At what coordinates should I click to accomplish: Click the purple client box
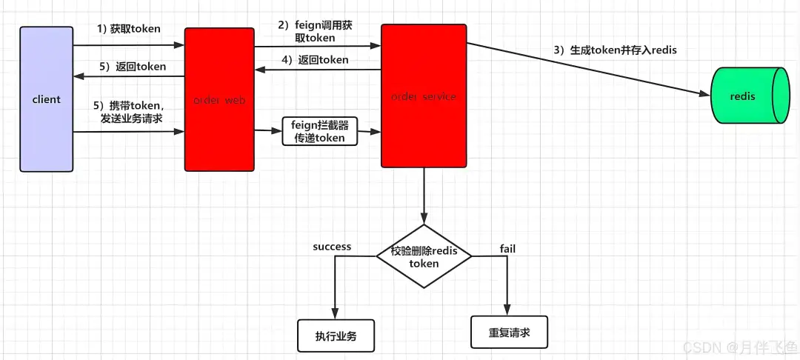pyautogui.click(x=47, y=99)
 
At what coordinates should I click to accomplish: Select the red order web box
pyautogui.click(x=219, y=99)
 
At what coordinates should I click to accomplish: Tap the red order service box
pyautogui.click(x=424, y=96)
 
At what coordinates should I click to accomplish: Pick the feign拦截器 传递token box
pyautogui.click(x=316, y=131)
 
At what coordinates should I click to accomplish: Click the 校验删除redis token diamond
pyautogui.click(x=424, y=256)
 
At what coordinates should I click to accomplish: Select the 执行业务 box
pyautogui.click(x=336, y=336)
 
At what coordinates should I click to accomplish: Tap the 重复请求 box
pyautogui.click(x=510, y=332)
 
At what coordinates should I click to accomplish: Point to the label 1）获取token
pyautogui.click(x=129, y=29)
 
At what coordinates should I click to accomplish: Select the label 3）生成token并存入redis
pyautogui.click(x=616, y=50)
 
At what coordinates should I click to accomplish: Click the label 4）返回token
pyautogui.click(x=314, y=60)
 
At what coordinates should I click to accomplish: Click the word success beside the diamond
pyautogui.click(x=332, y=246)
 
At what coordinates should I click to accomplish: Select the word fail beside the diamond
pyautogui.click(x=507, y=248)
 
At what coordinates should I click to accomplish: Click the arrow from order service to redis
pyautogui.click(x=585, y=70)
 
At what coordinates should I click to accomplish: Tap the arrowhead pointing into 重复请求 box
pyautogui.click(x=507, y=311)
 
